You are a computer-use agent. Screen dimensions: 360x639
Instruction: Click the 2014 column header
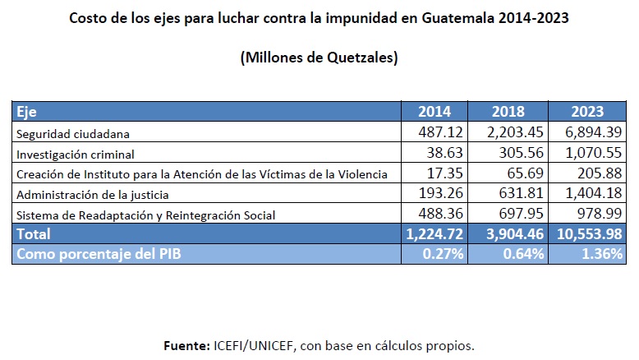click(434, 112)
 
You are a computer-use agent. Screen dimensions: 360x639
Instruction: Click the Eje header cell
click(26, 112)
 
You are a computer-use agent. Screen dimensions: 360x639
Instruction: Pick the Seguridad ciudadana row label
click(73, 132)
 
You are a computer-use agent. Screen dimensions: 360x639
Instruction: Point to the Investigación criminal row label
click(75, 153)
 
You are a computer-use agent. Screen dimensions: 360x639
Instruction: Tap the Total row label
click(34, 234)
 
